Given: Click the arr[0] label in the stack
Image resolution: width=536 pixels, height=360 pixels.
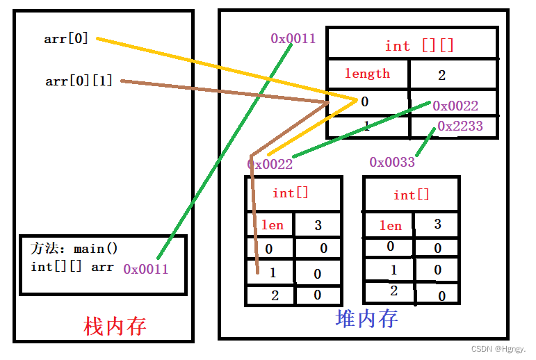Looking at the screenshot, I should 66,39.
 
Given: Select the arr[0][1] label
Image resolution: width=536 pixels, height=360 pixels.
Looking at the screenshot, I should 79,81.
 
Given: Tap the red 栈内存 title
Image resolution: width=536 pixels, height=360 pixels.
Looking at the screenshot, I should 114,326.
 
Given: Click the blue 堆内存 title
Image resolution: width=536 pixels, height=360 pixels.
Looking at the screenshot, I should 366,318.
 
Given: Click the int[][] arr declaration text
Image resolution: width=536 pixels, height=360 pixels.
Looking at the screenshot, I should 72,267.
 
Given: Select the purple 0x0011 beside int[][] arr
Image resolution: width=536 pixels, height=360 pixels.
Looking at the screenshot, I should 146,269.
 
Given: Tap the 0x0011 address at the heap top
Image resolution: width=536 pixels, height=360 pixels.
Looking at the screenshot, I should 293,38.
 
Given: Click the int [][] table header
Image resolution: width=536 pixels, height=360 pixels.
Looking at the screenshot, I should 419,46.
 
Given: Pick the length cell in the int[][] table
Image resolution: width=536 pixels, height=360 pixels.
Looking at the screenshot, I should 367,74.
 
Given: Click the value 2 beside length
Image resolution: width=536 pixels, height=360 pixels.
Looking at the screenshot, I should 441,75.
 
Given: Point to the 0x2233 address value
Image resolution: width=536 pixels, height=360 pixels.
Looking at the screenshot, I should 460,126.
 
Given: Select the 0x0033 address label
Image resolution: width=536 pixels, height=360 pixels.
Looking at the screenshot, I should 392,162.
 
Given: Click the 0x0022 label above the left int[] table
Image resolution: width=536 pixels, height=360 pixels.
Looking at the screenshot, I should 270,164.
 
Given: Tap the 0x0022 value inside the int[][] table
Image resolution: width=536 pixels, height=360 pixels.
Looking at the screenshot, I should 455,106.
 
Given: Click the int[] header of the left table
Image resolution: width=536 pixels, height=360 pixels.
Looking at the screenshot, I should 291,193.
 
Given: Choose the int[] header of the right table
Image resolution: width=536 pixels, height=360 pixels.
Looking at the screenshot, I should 412,195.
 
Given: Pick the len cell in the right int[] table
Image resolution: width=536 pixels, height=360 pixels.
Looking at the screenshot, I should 390,226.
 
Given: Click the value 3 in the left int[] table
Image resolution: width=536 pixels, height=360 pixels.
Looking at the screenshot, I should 318,225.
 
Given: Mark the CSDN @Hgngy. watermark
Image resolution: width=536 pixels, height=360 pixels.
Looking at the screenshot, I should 498,350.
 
